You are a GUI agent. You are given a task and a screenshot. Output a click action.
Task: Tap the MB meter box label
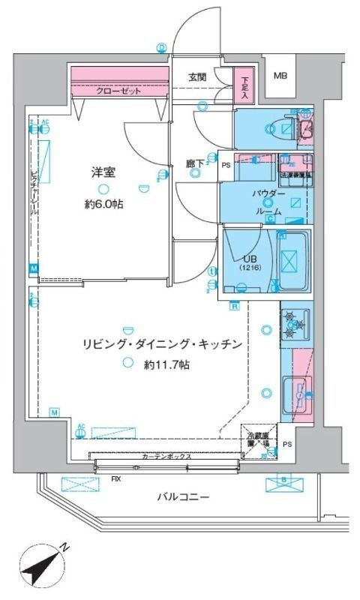click(279, 76)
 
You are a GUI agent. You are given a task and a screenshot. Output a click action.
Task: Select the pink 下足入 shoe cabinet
click(244, 84)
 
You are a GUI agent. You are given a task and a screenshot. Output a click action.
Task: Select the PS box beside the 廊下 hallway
click(226, 166)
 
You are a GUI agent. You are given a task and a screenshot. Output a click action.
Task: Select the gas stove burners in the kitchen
click(294, 325)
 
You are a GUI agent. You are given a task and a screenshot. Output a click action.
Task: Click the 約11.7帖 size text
click(166, 364)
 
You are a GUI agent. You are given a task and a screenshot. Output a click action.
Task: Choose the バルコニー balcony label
click(183, 496)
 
